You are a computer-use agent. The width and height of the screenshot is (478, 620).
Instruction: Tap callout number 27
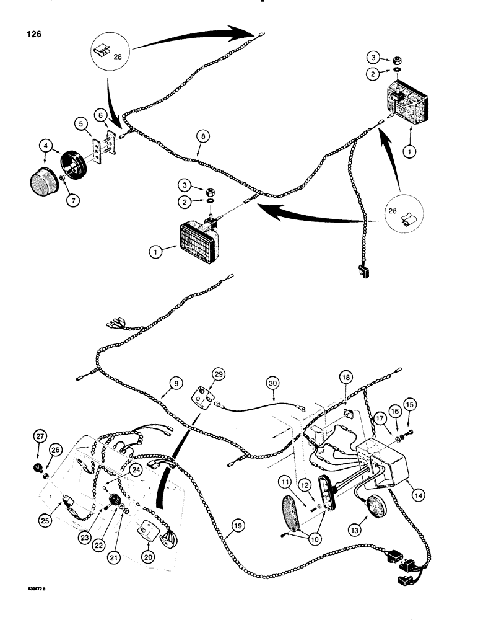[40, 436]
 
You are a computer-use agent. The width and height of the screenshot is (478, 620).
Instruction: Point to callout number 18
[345, 376]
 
